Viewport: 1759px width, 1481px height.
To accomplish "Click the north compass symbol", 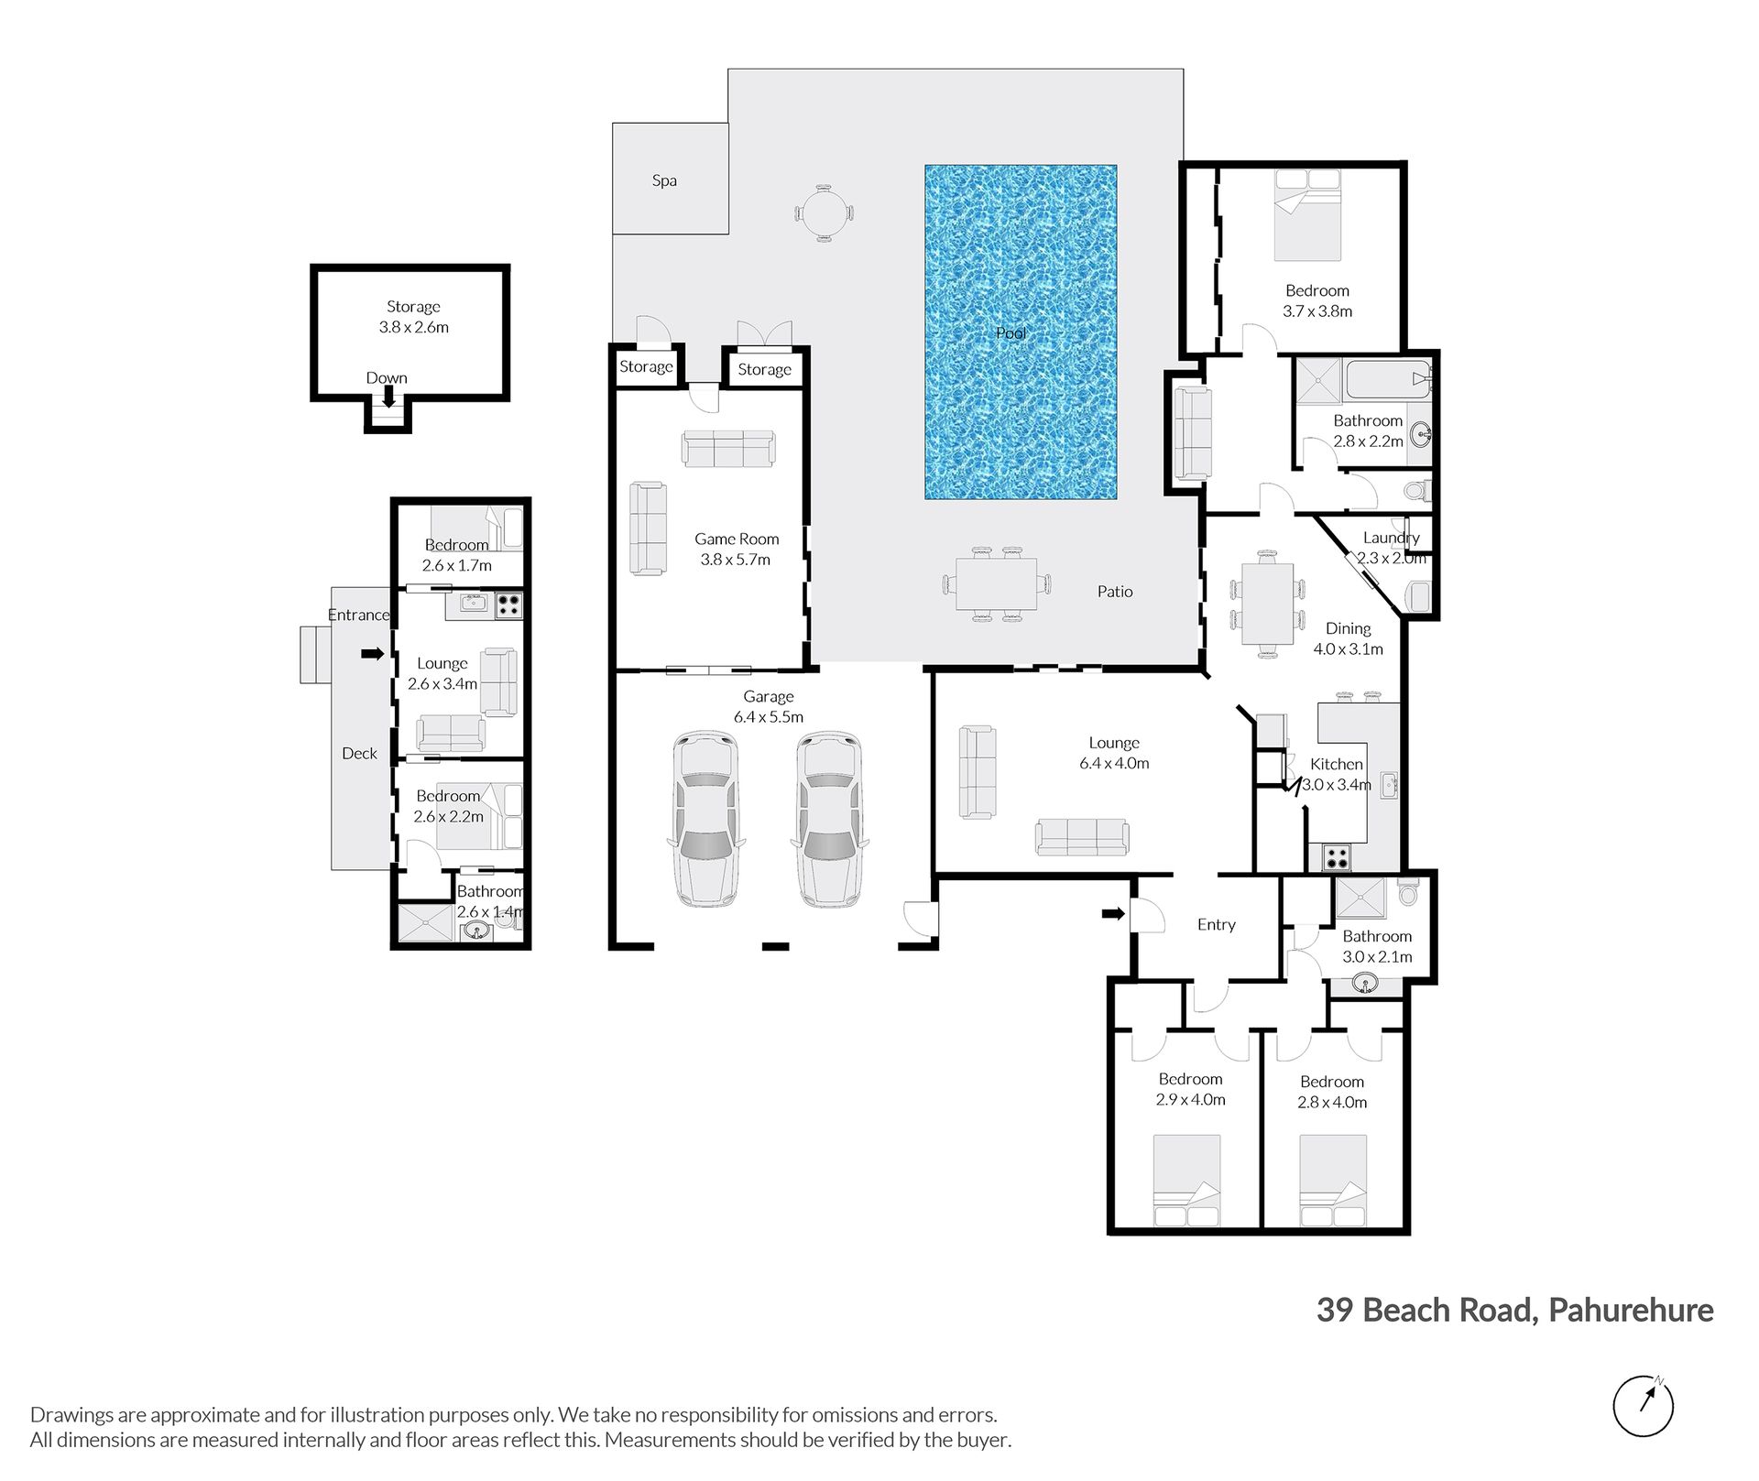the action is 1643,1406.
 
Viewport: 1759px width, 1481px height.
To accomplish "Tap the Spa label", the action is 664,180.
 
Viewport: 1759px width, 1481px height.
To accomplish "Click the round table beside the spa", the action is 825,213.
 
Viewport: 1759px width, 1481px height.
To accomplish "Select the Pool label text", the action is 1011,332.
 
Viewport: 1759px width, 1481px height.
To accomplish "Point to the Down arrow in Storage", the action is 388,397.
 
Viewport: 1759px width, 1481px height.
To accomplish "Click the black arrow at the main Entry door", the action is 1113,913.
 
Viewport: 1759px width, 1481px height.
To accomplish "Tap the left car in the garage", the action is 705,819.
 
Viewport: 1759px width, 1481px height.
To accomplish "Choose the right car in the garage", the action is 829,819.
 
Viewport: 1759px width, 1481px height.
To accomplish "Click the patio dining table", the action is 997,584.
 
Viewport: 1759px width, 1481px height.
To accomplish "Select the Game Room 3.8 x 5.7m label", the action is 736,549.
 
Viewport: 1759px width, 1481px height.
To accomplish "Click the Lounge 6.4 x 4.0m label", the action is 1114,753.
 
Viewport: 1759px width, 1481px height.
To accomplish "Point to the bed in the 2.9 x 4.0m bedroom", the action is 1186,1181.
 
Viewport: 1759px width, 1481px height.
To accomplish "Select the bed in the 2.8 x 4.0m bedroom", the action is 1333,1181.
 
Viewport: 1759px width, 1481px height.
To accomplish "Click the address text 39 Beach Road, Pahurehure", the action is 1515,1311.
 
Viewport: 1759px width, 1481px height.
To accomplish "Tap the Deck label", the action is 359,753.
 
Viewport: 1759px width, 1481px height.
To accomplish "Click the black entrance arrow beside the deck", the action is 372,653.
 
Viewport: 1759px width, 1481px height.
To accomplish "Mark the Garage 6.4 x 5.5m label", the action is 768,706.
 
